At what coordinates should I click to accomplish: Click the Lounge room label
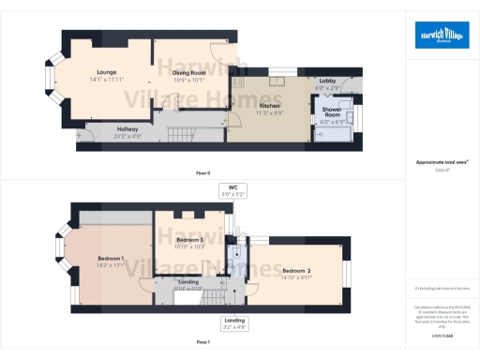pyautogui.click(x=105, y=71)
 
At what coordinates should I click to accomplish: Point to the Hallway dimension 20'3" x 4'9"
pyautogui.click(x=127, y=135)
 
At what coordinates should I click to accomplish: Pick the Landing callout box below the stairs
pyautogui.click(x=233, y=323)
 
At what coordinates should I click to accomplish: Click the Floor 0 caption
pyautogui.click(x=202, y=172)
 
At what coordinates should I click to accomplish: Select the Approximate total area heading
pyautogui.click(x=436, y=162)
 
